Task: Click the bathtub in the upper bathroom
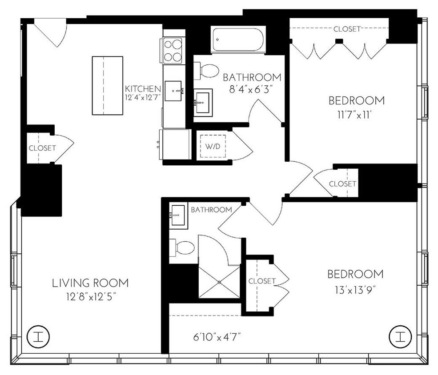pyautogui.click(x=238, y=40)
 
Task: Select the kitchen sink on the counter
pyautogui.click(x=173, y=91)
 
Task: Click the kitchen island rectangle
pyautogui.click(x=107, y=85)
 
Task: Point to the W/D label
pyautogui.click(x=212, y=146)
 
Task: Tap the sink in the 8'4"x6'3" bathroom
pyautogui.click(x=203, y=102)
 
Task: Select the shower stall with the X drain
pyautogui.click(x=219, y=282)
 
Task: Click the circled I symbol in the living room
pyautogui.click(x=38, y=336)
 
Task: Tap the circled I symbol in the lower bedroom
pyautogui.click(x=399, y=336)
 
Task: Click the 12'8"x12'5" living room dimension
pyautogui.click(x=90, y=296)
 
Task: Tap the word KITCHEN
pyautogui.click(x=143, y=88)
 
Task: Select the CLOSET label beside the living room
pyautogui.click(x=42, y=148)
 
